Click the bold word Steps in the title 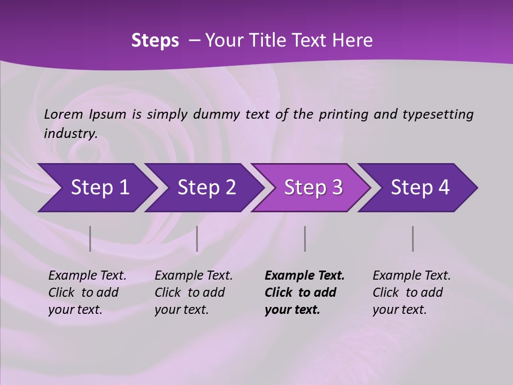click(x=155, y=41)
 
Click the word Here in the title click(x=352, y=41)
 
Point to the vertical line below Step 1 click(x=90, y=238)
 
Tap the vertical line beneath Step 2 click(x=197, y=238)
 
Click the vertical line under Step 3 click(x=305, y=238)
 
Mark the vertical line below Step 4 click(x=413, y=238)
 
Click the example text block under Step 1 click(x=87, y=292)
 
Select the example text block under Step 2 click(x=193, y=292)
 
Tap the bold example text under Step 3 click(x=305, y=292)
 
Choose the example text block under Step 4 click(x=411, y=292)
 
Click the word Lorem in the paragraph click(x=64, y=114)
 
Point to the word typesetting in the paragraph click(x=438, y=114)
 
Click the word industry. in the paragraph click(x=71, y=133)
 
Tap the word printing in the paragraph click(x=344, y=114)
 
